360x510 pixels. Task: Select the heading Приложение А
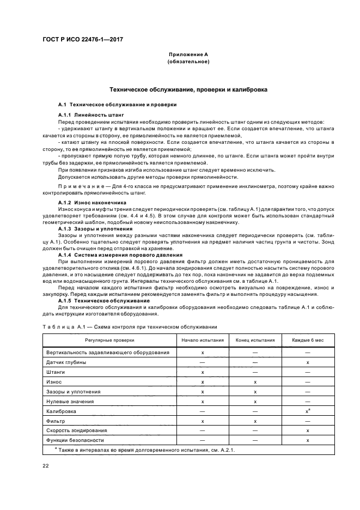pos(188,55)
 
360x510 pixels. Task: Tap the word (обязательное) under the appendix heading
pos(188,62)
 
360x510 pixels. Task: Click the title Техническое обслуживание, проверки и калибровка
pos(188,89)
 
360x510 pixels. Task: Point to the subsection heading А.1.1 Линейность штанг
pos(91,115)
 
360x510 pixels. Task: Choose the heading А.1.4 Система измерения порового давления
pos(120,255)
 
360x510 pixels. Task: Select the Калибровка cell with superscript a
pos(308,411)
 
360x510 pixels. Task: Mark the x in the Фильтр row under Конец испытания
pos(255,421)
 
